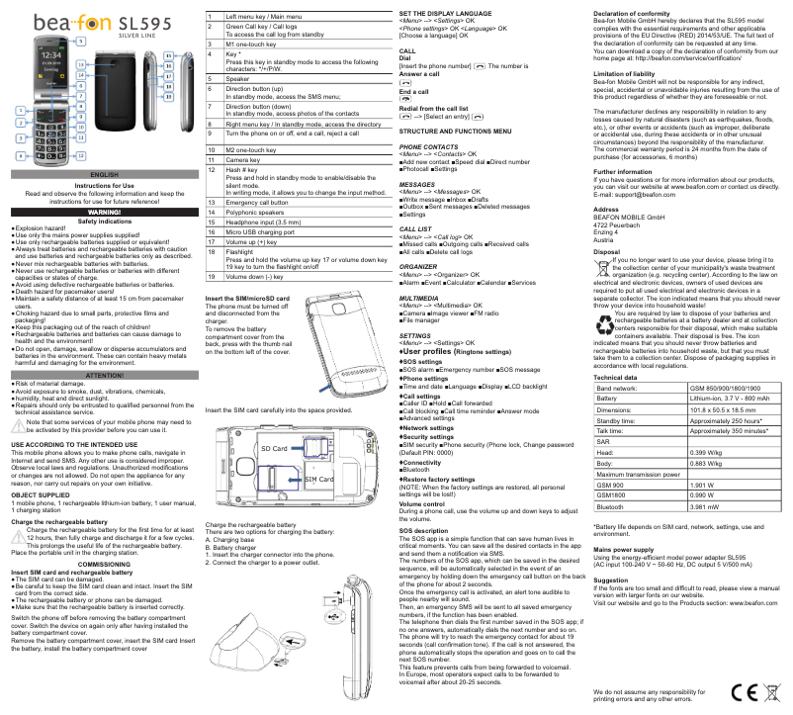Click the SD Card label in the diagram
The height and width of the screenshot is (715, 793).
[x=273, y=449]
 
